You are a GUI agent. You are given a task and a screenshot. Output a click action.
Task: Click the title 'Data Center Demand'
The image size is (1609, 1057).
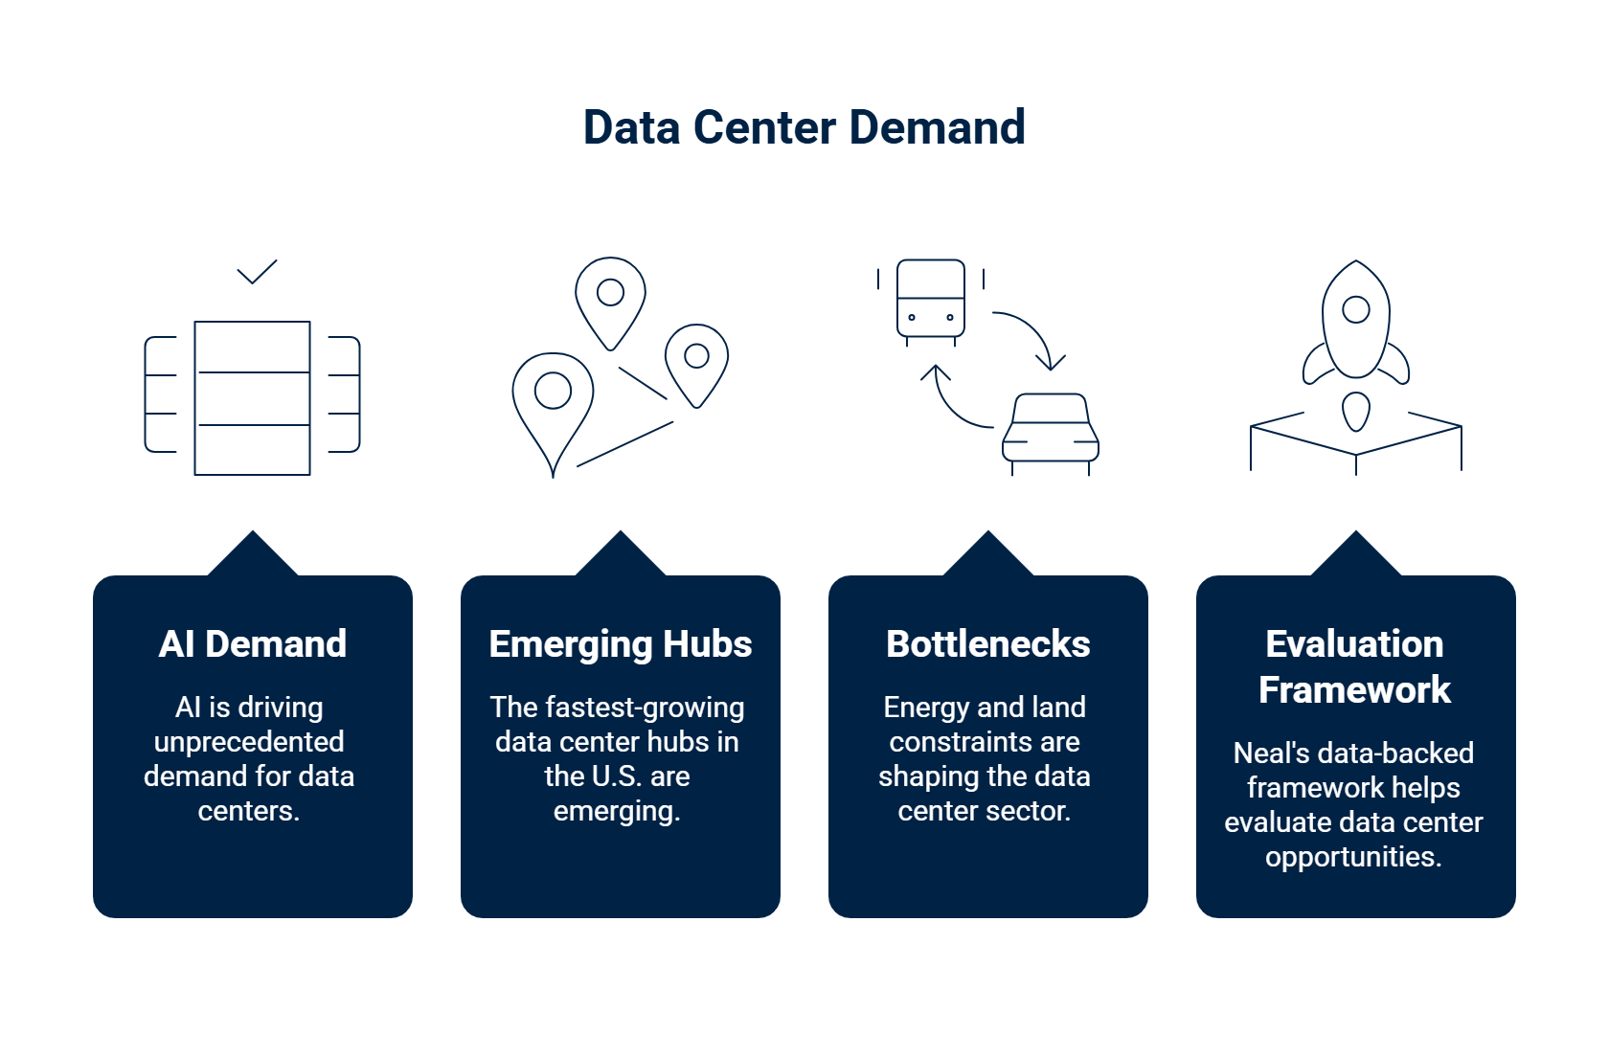pyautogui.click(x=804, y=127)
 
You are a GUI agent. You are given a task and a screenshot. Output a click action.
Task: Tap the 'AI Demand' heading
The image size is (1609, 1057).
pyautogui.click(x=253, y=644)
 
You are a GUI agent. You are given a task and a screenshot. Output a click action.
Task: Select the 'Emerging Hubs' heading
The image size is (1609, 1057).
pyautogui.click(x=621, y=644)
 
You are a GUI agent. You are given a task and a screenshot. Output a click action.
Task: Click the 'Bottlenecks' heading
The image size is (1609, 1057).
pyautogui.click(x=987, y=644)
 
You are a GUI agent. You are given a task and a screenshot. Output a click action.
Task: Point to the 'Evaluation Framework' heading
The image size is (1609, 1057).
pyautogui.click(x=1354, y=666)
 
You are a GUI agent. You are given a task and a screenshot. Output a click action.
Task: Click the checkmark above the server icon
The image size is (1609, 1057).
pyautogui.click(x=257, y=272)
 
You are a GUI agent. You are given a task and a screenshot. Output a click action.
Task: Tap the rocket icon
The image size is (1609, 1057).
pyautogui.click(x=1355, y=326)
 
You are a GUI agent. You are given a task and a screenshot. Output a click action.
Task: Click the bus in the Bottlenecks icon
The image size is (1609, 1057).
pyautogui.click(x=930, y=299)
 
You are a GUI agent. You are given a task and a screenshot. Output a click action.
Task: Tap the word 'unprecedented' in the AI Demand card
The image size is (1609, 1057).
pyautogui.click(x=249, y=742)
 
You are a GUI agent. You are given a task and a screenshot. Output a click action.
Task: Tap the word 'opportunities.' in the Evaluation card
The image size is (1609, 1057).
pyautogui.click(x=1353, y=857)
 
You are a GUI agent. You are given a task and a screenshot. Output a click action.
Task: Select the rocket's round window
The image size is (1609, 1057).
pyautogui.click(x=1355, y=309)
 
